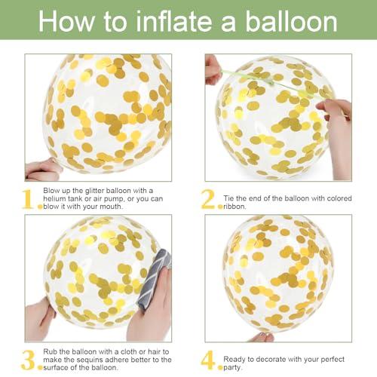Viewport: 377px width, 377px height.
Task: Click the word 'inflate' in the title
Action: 174,21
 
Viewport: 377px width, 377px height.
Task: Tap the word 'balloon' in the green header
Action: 291,21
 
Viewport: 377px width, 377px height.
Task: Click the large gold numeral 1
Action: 27,199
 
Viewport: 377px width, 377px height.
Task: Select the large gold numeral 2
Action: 208,199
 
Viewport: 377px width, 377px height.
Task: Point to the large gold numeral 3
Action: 28,360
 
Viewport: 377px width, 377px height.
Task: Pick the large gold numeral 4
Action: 208,360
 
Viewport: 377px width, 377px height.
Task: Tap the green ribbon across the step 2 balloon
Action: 273,83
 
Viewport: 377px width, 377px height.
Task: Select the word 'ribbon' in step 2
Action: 234,207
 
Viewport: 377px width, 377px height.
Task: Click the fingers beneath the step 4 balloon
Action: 262,337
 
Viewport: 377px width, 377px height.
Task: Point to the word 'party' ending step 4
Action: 231,368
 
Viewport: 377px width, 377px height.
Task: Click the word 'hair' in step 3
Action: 154,351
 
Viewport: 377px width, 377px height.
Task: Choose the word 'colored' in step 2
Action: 339,198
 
